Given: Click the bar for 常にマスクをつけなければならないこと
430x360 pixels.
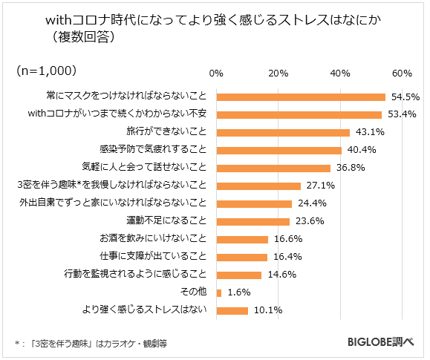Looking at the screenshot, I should click(301, 97).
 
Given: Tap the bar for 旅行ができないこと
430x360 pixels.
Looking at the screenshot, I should click(283, 133).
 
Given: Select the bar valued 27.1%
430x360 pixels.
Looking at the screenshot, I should click(258, 186).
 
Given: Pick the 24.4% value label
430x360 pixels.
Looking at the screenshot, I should click(311, 203).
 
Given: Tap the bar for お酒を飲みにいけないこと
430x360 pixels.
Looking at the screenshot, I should click(242, 239).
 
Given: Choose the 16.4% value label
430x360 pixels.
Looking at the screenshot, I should click(287, 257).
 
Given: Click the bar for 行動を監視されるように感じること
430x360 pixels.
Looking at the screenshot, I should click(239, 275).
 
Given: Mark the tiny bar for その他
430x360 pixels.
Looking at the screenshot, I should click(218, 292).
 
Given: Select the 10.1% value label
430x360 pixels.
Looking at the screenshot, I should click(267, 310).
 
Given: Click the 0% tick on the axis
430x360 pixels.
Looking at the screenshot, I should click(216, 73).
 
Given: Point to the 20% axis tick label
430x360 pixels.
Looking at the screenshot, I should click(278, 73).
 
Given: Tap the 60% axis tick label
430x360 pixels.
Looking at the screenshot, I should click(402, 73).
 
